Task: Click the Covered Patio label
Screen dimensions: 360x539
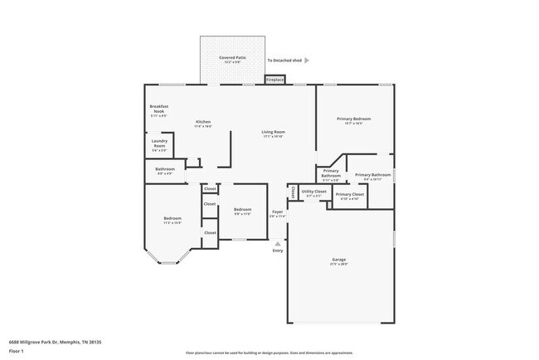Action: (233, 57)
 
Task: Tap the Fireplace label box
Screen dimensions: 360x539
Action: (274, 80)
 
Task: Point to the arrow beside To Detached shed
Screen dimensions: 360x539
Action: (307, 61)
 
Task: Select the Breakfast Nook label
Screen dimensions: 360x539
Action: (159, 109)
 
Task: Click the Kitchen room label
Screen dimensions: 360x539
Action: (203, 123)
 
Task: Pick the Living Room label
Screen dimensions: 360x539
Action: (274, 133)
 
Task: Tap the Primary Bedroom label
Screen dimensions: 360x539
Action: (353, 119)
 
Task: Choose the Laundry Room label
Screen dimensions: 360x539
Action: (160, 144)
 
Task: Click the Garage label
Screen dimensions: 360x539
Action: (339, 260)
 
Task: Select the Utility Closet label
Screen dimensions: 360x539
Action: (314, 192)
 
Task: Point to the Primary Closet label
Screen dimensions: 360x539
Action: (350, 195)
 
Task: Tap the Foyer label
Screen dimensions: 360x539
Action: (278, 213)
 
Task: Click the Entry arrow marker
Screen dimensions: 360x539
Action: (277, 243)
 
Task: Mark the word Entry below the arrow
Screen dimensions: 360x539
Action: (278, 251)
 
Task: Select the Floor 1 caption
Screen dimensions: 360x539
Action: (16, 351)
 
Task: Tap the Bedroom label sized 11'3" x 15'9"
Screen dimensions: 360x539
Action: (172, 220)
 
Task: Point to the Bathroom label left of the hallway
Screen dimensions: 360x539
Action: (165, 171)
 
